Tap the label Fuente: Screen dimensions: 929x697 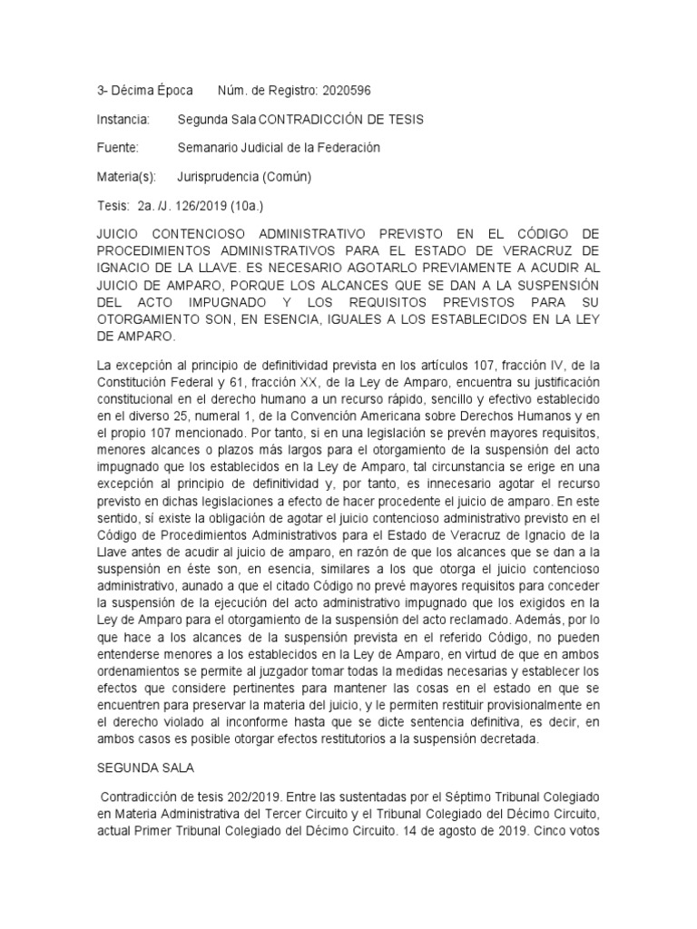[x=117, y=147]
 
